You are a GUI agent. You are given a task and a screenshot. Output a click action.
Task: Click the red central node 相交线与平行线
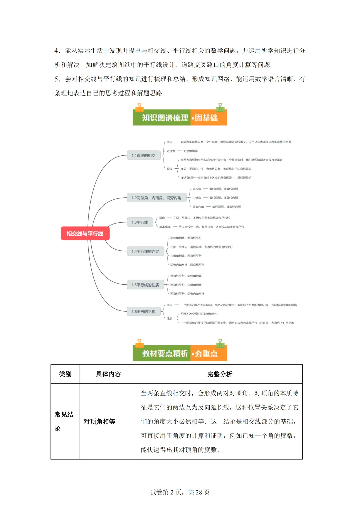[85, 233]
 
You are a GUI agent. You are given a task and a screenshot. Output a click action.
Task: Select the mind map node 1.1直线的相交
[144, 155]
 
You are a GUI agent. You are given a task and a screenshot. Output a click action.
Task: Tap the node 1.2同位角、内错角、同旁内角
[156, 198]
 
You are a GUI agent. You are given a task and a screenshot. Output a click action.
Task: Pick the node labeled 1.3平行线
[140, 222]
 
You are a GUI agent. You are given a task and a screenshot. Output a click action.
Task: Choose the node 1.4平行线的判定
[145, 251]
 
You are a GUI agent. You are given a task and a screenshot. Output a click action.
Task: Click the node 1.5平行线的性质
[145, 285]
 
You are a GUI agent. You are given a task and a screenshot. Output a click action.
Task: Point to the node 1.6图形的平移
[144, 312]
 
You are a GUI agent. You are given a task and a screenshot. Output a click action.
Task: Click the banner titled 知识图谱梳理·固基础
[180, 118]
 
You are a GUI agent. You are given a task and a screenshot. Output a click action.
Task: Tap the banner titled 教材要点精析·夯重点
[180, 353]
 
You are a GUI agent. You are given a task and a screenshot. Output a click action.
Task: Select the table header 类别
[65, 374]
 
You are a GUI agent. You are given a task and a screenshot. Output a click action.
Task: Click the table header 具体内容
[108, 374]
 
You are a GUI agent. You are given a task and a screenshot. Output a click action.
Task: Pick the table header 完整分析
[219, 374]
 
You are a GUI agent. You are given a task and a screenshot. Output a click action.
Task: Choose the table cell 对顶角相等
[99, 422]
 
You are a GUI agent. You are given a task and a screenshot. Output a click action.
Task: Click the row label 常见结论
[64, 421]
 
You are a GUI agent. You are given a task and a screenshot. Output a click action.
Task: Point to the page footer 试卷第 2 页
[180, 492]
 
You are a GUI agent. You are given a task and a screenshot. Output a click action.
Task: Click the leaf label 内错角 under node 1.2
[197, 198]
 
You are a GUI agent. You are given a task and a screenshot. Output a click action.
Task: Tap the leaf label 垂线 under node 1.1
[169, 169]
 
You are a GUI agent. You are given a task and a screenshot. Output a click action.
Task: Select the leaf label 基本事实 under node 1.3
[165, 227]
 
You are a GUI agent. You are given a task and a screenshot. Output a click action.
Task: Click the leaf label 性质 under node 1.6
[169, 318]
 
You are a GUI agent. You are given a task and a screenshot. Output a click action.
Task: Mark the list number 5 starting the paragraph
[57, 79]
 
